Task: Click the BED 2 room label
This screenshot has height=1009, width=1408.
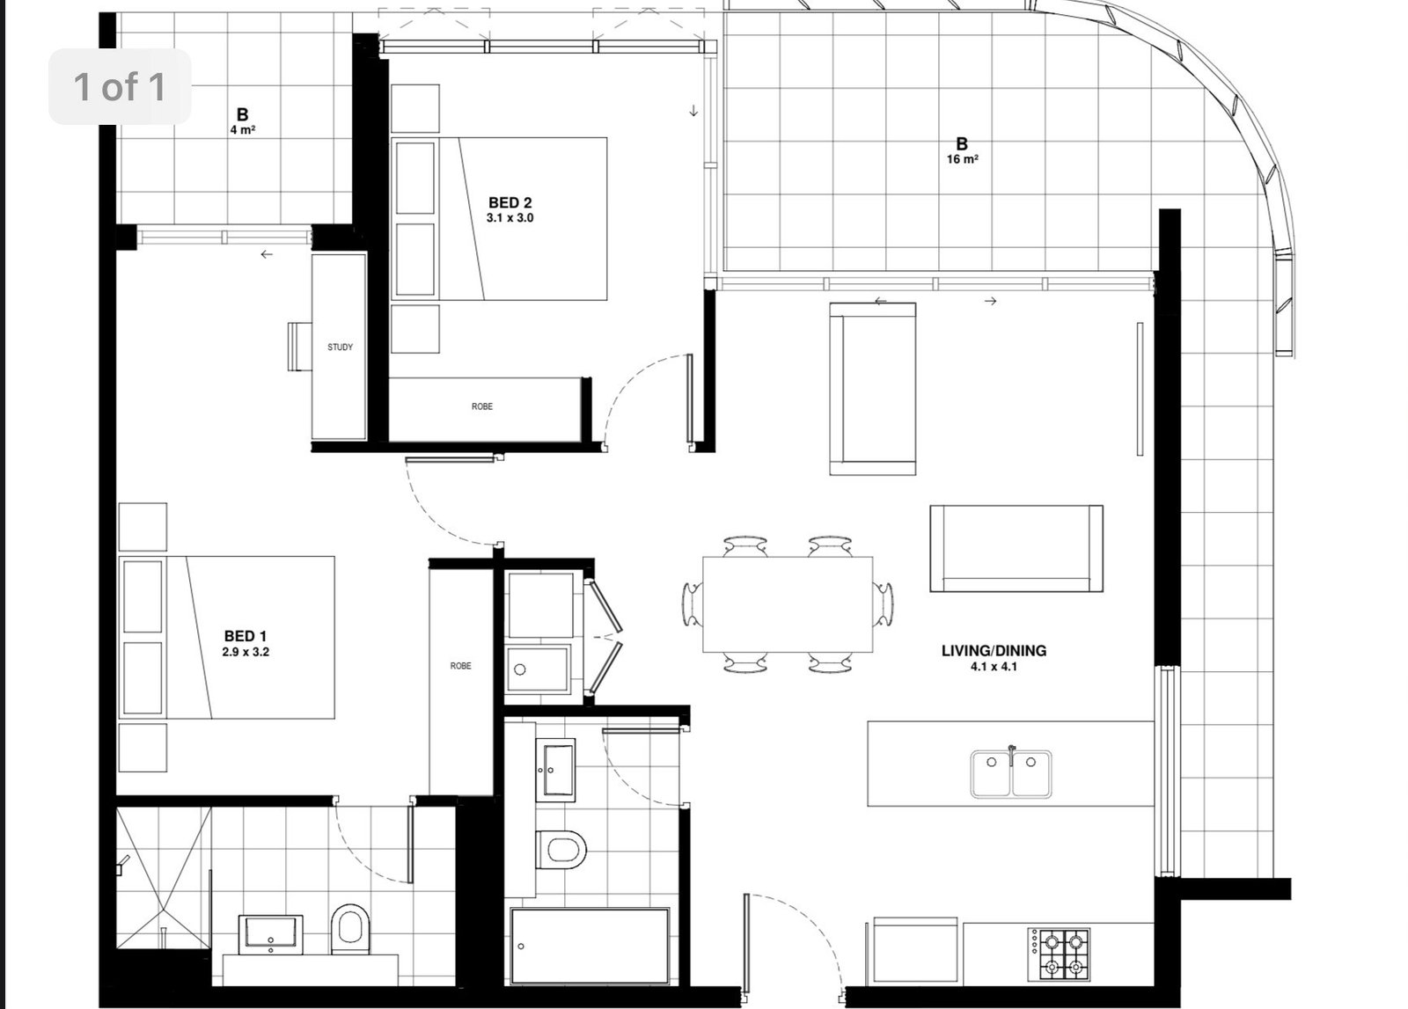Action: click(510, 203)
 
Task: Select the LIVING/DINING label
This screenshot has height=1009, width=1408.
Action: click(994, 651)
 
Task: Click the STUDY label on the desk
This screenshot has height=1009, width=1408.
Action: click(340, 347)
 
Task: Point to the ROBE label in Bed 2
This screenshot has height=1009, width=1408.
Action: click(482, 406)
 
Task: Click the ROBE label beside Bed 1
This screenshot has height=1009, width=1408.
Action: click(461, 666)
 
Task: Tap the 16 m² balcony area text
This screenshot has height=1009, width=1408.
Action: click(963, 159)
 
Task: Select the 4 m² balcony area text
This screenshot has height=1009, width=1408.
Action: click(243, 130)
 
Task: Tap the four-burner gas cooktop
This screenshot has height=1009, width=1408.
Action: click(1060, 954)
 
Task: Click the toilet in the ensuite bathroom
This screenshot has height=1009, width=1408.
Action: click(349, 929)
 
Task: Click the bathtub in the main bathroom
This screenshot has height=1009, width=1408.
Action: click(590, 947)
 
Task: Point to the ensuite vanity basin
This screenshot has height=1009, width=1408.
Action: click(270, 934)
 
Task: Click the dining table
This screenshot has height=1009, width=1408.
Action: click(788, 604)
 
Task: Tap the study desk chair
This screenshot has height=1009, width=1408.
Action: click(300, 347)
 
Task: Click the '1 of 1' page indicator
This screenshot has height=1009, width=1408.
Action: click(120, 86)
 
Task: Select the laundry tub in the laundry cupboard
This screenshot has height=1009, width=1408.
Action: click(538, 669)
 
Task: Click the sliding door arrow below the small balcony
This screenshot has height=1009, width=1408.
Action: click(268, 254)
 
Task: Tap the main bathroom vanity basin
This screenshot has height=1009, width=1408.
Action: click(555, 771)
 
